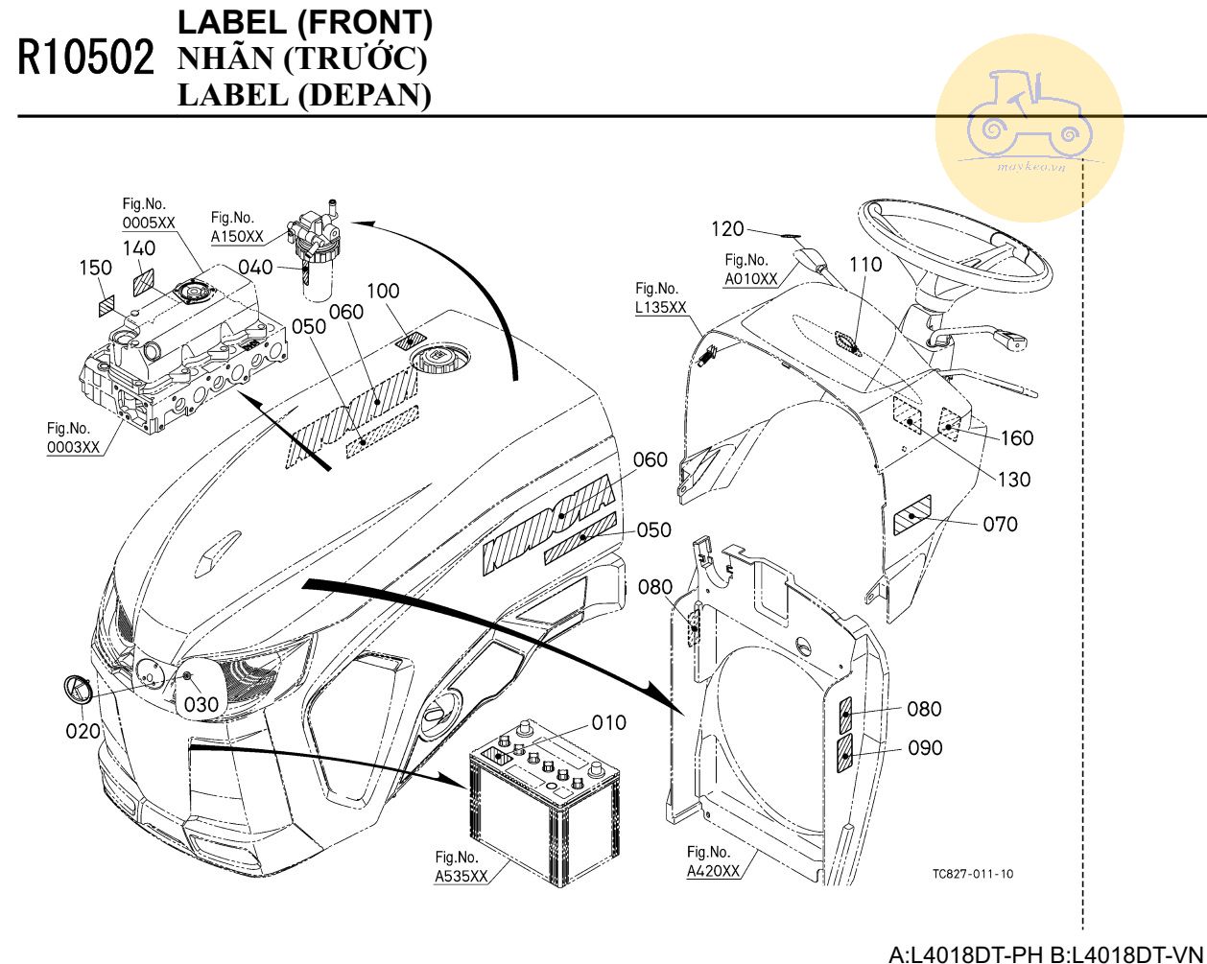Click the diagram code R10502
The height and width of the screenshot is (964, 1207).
click(85, 59)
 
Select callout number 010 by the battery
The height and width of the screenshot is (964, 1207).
click(608, 722)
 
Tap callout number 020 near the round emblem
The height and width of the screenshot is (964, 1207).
click(83, 731)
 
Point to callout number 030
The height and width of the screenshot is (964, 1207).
click(201, 704)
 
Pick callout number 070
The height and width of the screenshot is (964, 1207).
click(1001, 524)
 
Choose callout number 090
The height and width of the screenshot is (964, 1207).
click(925, 747)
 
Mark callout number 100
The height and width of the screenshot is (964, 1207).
click(383, 291)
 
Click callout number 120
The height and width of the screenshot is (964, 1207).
click(727, 228)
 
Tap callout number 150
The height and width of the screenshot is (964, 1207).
click(95, 268)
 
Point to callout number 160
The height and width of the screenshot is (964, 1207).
click(1017, 438)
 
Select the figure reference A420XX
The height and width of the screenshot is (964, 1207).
click(713, 871)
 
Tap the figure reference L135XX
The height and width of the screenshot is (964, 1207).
click(661, 307)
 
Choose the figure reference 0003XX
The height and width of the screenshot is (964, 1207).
click(73, 447)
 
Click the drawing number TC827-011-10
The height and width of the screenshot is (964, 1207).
click(972, 874)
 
